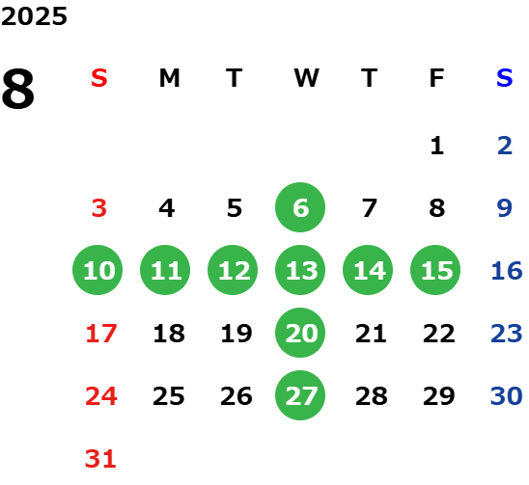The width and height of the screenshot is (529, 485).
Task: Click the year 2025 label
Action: click(34, 16)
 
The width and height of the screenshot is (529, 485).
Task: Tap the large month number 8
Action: click(18, 89)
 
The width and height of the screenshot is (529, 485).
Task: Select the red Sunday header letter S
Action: click(99, 78)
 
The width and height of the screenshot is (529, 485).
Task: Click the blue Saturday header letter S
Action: click(505, 78)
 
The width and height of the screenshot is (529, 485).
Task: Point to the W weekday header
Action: click(306, 78)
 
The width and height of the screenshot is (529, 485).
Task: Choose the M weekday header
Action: click(169, 78)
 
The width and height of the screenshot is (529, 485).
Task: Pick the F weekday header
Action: click(437, 78)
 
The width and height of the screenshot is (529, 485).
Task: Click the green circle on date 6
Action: click(300, 207)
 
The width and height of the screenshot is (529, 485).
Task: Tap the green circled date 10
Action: click(97, 270)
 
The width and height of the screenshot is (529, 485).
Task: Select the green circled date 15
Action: click(435, 270)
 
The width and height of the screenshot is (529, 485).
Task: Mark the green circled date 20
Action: click(300, 333)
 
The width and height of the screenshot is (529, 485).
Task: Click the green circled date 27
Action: click(300, 395)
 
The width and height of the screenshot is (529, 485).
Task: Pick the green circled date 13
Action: click(300, 270)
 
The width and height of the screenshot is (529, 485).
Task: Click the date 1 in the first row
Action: click(437, 146)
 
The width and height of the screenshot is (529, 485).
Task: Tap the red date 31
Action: click(100, 459)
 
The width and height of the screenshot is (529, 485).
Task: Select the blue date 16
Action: click(507, 271)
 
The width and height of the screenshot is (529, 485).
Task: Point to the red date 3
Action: click(99, 208)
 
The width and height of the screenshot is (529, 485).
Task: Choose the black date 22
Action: click(439, 334)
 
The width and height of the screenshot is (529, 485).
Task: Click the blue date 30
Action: click(507, 396)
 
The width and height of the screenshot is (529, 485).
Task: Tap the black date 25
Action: click(169, 396)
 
